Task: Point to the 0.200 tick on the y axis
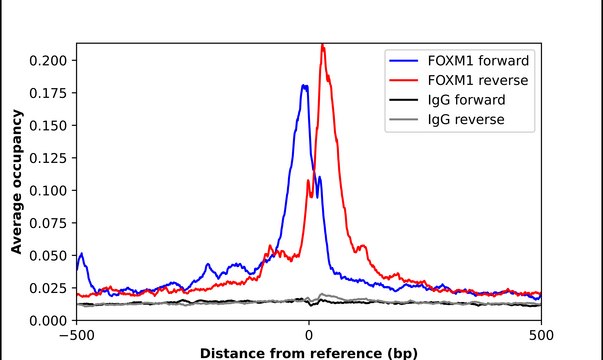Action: click(x=50, y=60)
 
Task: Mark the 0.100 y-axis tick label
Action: click(x=50, y=190)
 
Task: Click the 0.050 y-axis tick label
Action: click(x=50, y=255)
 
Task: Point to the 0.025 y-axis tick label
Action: click(x=50, y=288)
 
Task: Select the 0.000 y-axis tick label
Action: click(x=50, y=320)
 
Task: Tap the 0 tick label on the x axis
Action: click(x=309, y=335)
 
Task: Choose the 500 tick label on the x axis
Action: click(x=541, y=335)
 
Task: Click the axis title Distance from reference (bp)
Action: click(x=309, y=352)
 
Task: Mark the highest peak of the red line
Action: click(x=322, y=45)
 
